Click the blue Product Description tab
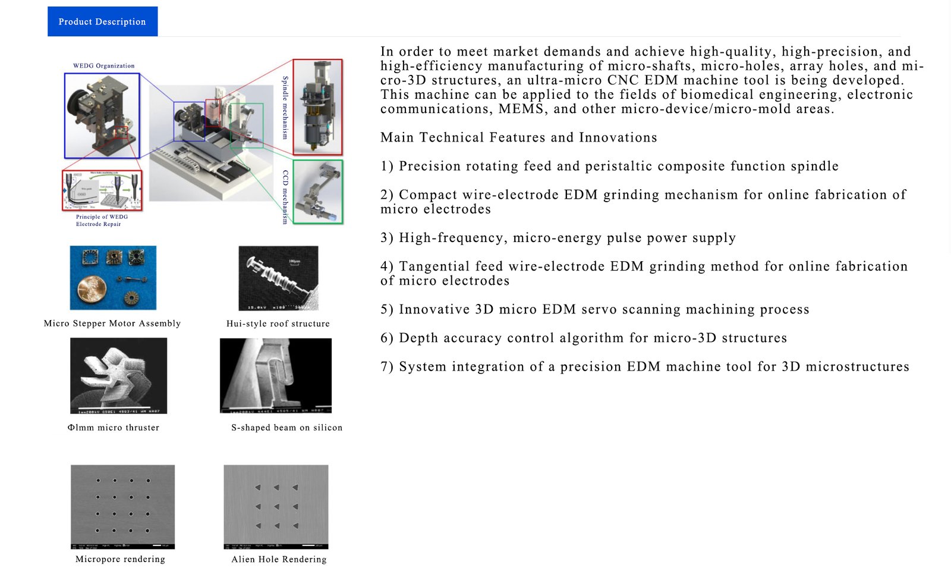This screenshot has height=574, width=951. pyautogui.click(x=102, y=21)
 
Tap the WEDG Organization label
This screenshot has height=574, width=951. pyautogui.click(x=103, y=66)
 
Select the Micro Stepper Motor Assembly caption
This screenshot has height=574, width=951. pyautogui.click(x=112, y=324)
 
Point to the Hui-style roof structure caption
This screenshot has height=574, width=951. pyautogui.click(x=278, y=324)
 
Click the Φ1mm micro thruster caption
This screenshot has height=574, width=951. pyautogui.click(x=114, y=428)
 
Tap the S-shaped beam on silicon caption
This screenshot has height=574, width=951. pyautogui.click(x=286, y=428)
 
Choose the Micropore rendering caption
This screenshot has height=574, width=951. pyautogui.click(x=120, y=559)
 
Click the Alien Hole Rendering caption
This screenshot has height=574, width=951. pyautogui.click(x=279, y=559)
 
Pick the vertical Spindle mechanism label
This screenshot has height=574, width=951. pyautogui.click(x=285, y=108)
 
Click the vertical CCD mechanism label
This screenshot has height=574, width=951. pyautogui.click(x=285, y=197)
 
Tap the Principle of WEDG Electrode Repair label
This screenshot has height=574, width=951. pyautogui.click(x=101, y=221)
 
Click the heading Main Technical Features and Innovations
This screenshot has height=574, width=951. pyautogui.click(x=518, y=137)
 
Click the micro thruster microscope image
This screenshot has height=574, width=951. pyautogui.click(x=118, y=375)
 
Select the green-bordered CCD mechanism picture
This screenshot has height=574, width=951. pyautogui.click(x=318, y=192)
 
